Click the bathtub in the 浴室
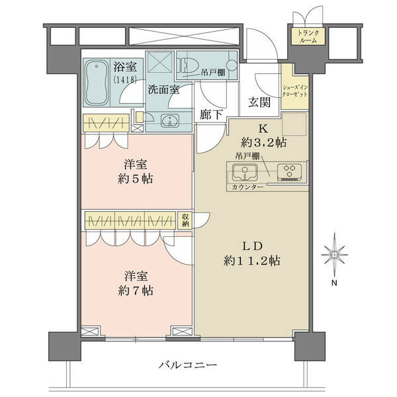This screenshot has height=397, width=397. point(97,83)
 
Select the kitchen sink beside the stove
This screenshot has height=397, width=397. point(245,172)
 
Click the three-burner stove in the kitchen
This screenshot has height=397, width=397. point(289,172)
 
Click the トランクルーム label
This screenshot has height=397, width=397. point(308,36)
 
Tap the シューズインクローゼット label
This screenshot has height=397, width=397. point(295,91)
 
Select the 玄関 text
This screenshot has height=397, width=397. point(259,103)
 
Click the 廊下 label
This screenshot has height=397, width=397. point(211,115)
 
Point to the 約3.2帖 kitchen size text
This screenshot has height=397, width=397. point(263,143)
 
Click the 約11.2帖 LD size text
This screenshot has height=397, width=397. point(251,261)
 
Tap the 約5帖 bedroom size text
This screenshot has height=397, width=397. point(136,179)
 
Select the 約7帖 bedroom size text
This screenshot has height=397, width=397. point(136,291)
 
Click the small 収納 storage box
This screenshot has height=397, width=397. point(185,220)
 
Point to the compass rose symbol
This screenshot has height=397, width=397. point(334,255)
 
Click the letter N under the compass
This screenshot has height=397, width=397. point(334,283)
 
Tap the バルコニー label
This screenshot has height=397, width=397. point(188,365)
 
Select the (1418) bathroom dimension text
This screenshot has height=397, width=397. point(125,79)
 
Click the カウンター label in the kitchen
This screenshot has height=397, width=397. point(247,187)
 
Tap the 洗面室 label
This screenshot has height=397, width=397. point(163,89)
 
